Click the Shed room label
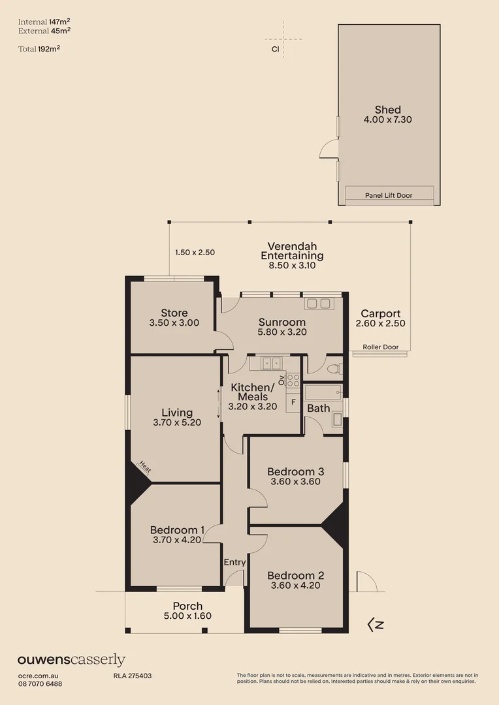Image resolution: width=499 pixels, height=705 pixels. click(387, 110)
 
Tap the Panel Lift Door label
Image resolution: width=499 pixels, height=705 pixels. click(389, 195)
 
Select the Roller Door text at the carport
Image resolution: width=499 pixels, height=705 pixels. click(379, 347)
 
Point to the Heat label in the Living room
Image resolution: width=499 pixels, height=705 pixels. click(145, 468)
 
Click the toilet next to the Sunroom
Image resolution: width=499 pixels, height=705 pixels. click(334, 368)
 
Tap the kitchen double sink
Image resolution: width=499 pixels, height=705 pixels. click(271, 362)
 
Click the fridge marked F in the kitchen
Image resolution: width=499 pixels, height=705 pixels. click(293, 401)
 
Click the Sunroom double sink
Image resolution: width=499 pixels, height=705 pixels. click(319, 304)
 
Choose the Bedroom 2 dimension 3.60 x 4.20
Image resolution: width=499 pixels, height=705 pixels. click(295, 586)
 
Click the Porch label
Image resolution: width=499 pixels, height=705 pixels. click(187, 606)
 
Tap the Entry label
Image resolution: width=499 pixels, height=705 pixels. click(234, 562)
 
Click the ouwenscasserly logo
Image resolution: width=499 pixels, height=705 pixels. click(71, 660)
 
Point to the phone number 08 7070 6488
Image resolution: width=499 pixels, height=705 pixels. click(40, 683)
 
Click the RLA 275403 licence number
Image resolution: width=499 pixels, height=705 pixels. click(128, 676)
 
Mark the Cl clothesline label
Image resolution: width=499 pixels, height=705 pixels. click(276, 48)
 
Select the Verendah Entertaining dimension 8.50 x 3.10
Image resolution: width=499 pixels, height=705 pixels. click(292, 266)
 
